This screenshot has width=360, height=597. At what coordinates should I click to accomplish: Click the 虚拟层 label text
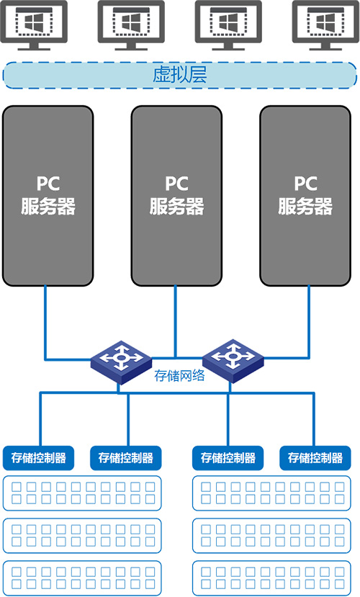(179, 75)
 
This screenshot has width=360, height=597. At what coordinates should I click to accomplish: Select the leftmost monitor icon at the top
(34, 25)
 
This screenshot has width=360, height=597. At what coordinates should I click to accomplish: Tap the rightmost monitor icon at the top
(325, 25)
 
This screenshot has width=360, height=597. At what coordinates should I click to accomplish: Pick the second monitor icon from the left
(131, 25)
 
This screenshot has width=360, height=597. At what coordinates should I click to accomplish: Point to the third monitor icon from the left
(228, 25)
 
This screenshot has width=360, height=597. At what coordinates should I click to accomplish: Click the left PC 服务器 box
(48, 196)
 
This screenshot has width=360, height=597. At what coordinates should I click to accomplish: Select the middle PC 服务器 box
(176, 196)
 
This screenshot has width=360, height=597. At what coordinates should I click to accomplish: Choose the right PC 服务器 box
(305, 196)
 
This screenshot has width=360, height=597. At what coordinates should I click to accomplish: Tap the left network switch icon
(121, 362)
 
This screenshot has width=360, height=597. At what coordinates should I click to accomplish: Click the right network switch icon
(233, 361)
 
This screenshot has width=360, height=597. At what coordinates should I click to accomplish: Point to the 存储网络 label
(179, 375)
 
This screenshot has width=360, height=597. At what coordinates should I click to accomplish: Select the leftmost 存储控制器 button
(38, 457)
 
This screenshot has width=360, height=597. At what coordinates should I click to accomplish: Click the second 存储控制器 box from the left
(125, 457)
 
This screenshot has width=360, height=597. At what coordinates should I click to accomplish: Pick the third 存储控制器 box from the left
(228, 457)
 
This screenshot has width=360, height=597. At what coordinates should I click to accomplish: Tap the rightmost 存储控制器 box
(315, 457)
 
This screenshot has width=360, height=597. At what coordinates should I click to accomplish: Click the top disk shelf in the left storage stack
(82, 493)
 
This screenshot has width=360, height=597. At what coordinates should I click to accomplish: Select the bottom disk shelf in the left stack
(82, 578)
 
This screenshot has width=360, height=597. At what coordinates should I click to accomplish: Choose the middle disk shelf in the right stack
(271, 535)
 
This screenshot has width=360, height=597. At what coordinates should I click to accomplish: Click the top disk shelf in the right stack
(271, 493)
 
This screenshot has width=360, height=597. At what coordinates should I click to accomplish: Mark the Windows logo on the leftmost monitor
(35, 22)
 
